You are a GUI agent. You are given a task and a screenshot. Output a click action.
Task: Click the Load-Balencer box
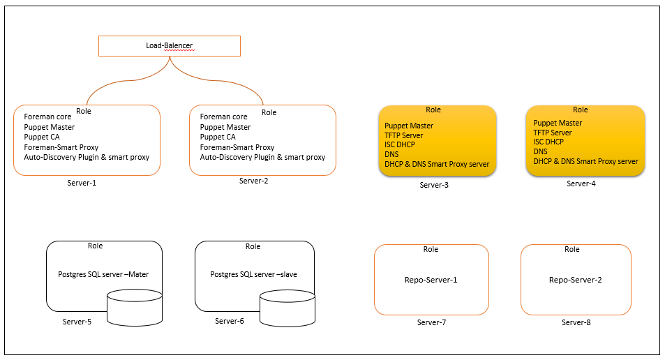(170, 46)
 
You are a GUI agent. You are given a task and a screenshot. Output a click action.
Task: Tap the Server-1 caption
(82, 183)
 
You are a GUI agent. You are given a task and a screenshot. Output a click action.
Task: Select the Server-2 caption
(253, 181)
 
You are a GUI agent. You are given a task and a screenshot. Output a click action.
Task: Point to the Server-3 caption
(434, 185)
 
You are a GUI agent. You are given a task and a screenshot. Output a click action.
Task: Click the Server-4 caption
(581, 183)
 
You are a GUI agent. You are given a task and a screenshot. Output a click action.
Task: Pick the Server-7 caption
(431, 322)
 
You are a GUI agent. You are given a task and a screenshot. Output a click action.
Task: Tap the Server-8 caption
(576, 322)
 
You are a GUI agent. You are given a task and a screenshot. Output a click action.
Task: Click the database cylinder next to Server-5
(135, 308)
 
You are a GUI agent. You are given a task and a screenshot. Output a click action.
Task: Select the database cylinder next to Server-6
(287, 308)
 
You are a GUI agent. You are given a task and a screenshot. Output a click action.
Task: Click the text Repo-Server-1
(431, 280)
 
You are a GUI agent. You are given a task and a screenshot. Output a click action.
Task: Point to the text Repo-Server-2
(576, 280)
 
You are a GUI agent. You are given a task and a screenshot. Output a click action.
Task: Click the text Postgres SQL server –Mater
(103, 274)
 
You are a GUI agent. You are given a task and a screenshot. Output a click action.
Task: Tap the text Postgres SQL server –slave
(253, 274)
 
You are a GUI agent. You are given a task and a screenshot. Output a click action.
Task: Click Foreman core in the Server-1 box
(47, 117)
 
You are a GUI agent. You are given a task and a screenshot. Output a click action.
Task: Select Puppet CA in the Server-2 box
(218, 137)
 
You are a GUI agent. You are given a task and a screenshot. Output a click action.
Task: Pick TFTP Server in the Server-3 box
(404, 135)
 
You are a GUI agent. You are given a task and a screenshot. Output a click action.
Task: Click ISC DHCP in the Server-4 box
(548, 142)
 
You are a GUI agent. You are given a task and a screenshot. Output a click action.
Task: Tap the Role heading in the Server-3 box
(433, 110)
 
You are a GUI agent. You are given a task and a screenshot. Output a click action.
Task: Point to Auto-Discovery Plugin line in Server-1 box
(87, 157)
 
